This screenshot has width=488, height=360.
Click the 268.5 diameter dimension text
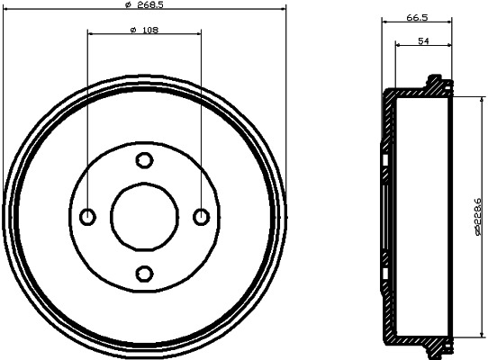tap(144, 5)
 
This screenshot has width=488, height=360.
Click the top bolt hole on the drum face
tap(144, 160)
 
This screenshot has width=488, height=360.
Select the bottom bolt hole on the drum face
tap(144, 273)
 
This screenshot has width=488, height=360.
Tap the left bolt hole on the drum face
tap(88, 216)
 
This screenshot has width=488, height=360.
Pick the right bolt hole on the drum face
tap(201, 216)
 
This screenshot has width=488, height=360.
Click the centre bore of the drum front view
tap(144, 216)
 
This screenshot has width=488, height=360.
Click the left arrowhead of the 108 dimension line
tap(90, 36)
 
